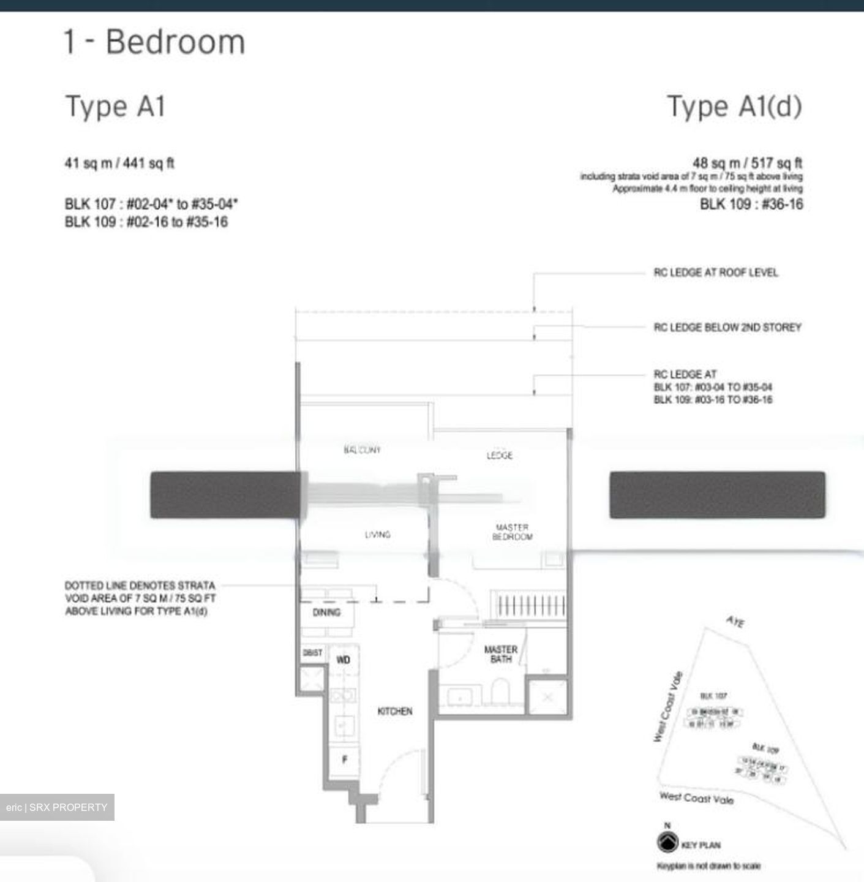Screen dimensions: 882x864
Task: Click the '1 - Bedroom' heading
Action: point(154,42)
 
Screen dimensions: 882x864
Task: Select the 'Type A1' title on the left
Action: point(115,106)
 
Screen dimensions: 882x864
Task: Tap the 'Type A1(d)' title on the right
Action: point(734,106)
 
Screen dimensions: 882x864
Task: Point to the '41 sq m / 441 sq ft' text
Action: point(119,164)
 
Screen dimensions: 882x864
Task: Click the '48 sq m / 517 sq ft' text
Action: point(747,163)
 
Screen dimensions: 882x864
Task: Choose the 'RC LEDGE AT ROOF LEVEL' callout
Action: point(715,273)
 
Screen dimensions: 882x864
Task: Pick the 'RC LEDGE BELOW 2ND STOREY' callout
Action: point(727,328)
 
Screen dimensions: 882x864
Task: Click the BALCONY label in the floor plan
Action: point(362,450)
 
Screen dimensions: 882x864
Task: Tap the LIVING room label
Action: point(377,535)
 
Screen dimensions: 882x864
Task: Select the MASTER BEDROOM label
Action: point(512,532)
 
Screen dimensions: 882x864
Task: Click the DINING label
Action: point(326,612)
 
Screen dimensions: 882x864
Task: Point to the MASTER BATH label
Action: point(500,654)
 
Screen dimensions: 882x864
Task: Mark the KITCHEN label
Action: point(395,711)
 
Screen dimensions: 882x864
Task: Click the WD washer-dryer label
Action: point(343,660)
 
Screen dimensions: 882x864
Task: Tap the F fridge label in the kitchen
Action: point(345,759)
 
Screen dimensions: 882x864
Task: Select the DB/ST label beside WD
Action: point(312,653)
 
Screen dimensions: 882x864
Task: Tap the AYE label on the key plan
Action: point(735,622)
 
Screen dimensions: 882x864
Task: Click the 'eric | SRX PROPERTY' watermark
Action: point(57,807)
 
